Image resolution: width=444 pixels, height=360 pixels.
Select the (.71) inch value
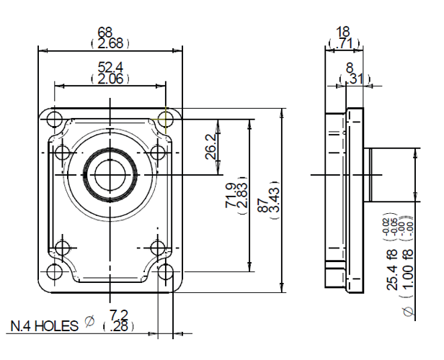(x=345, y=44)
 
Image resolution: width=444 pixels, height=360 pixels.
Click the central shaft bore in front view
(x=108, y=174)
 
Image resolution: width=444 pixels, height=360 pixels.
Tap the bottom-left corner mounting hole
(x=53, y=271)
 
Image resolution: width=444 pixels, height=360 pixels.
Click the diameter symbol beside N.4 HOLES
(x=89, y=322)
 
